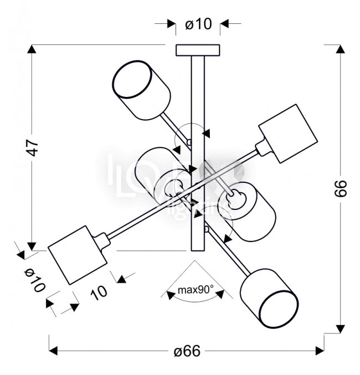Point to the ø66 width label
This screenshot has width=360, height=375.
point(187,351)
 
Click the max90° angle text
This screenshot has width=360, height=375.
point(196,290)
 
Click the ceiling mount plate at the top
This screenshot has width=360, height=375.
point(198,50)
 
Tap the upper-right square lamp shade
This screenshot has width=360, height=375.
point(288,135)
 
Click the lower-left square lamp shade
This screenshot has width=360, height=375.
point(77,254)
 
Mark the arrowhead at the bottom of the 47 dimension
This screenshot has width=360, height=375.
point(33,246)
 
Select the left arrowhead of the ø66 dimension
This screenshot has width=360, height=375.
point(54,351)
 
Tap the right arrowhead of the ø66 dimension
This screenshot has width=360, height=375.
point(320,351)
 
